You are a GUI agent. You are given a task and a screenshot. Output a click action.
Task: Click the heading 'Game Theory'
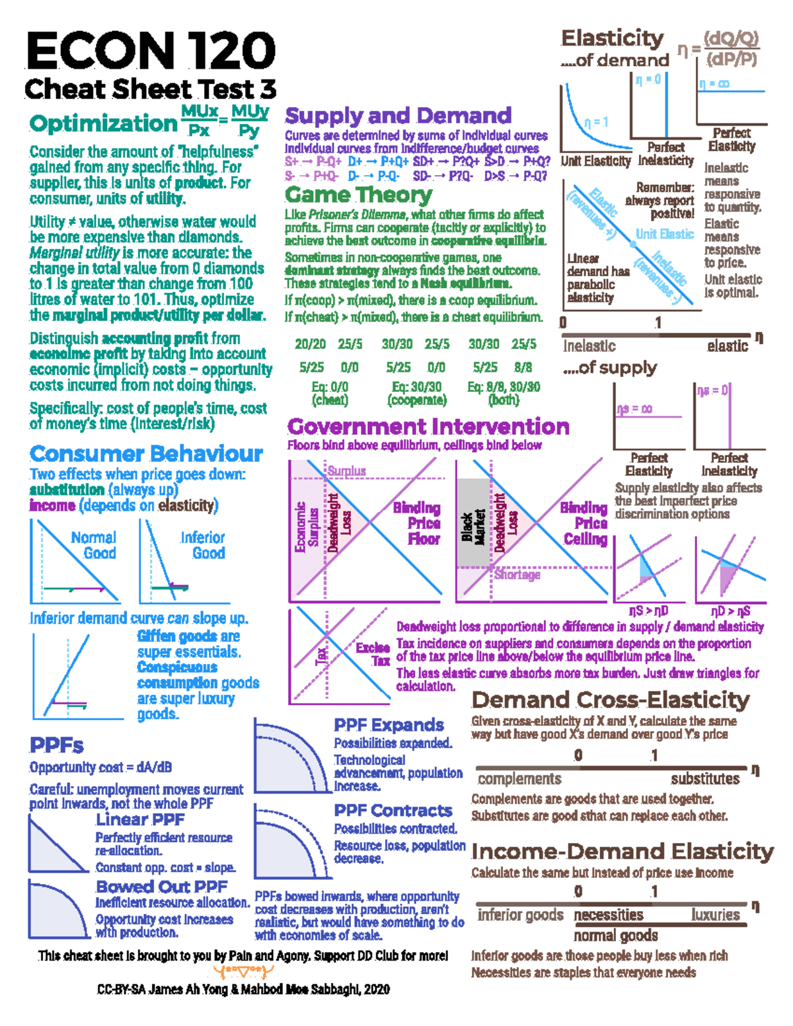click(x=358, y=195)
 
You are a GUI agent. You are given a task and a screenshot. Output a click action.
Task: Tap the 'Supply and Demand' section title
click(x=398, y=116)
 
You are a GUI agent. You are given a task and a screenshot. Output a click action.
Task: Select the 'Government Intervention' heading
click(x=428, y=426)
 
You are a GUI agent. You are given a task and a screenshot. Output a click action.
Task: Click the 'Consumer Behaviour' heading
click(x=146, y=453)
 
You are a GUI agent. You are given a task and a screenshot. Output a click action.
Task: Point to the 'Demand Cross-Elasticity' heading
click(x=611, y=700)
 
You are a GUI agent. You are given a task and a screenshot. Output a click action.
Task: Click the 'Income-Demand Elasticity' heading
click(x=622, y=852)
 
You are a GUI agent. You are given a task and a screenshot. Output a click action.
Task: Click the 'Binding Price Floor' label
click(x=417, y=523)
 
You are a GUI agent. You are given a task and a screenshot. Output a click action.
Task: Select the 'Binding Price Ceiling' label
click(x=584, y=523)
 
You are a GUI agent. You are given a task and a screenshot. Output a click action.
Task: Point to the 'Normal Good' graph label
click(x=94, y=545)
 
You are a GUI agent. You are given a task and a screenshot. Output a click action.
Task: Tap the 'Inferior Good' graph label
click(x=203, y=545)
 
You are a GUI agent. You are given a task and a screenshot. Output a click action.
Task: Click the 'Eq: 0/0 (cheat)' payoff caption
click(x=330, y=393)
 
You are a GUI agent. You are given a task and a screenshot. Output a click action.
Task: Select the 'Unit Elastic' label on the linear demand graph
click(x=665, y=234)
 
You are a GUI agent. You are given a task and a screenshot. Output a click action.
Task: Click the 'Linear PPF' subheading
click(x=140, y=820)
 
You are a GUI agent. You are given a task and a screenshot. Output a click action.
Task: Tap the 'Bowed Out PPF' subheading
click(x=161, y=887)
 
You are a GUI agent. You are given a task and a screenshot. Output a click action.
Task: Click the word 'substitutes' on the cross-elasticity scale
click(x=705, y=779)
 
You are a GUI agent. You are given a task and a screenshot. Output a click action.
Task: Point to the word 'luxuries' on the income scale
click(x=715, y=915)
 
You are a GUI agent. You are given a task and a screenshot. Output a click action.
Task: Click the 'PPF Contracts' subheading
click(x=393, y=811)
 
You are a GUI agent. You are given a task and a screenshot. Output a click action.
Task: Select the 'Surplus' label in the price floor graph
click(x=347, y=470)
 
